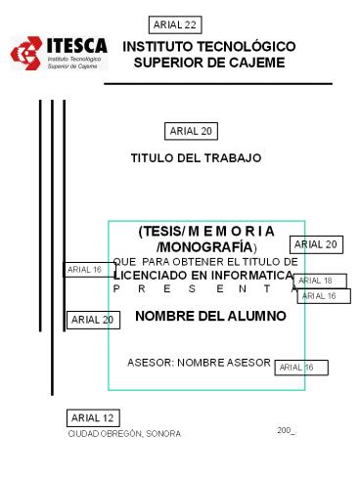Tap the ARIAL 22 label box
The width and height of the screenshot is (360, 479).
(x=176, y=23)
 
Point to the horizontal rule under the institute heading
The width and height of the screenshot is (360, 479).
(x=225, y=84)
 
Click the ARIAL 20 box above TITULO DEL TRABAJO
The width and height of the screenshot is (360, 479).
(x=192, y=131)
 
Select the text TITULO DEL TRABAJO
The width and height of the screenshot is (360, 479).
(x=196, y=157)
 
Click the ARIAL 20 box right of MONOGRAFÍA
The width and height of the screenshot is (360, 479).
(x=315, y=244)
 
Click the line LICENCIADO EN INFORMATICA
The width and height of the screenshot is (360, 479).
(x=203, y=276)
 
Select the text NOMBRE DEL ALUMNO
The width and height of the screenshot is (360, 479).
(x=210, y=316)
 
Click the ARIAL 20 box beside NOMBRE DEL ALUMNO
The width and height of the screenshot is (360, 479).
(x=94, y=320)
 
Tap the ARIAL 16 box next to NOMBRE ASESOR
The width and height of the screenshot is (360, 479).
(x=299, y=368)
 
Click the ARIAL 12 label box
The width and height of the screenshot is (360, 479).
(x=92, y=418)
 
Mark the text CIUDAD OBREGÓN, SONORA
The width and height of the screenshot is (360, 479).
(x=124, y=434)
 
